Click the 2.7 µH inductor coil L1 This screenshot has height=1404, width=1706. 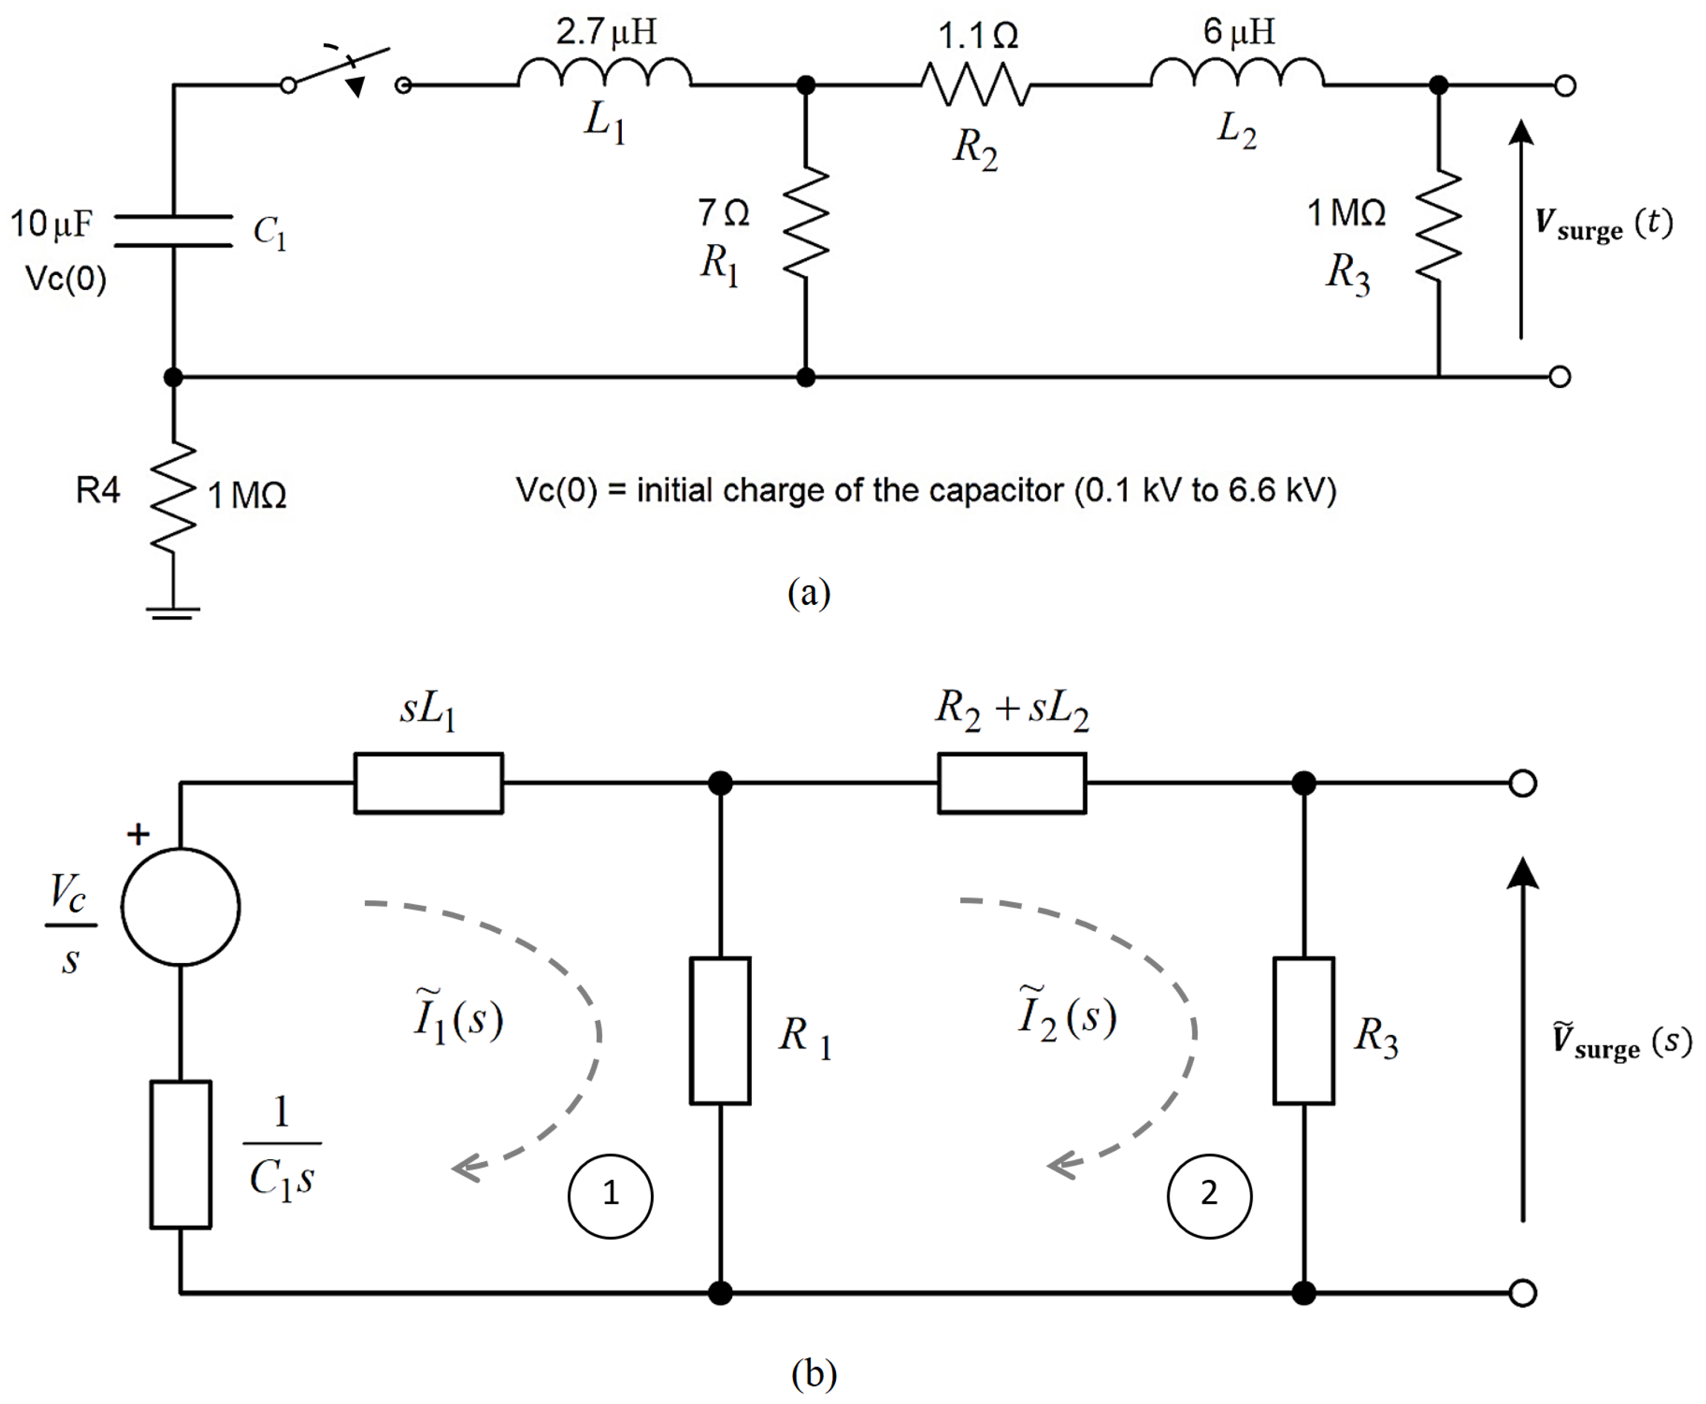pyautogui.click(x=604, y=73)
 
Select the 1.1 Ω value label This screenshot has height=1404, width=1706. pyautogui.click(x=977, y=36)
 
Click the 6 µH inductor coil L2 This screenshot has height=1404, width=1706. pyautogui.click(x=1237, y=73)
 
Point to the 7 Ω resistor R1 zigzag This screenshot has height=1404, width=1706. pyautogui.click(x=806, y=223)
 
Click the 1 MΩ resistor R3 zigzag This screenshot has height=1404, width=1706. pyautogui.click(x=1438, y=226)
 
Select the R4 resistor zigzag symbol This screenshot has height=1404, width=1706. pyautogui.click(x=173, y=497)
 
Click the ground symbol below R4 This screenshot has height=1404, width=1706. pyautogui.click(x=173, y=613)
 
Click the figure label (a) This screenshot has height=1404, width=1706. pyautogui.click(x=809, y=592)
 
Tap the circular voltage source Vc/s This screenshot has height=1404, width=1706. pyautogui.click(x=180, y=907)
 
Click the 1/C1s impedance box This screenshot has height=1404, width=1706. pyautogui.click(x=180, y=1155)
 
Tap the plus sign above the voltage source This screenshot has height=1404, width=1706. pyautogui.click(x=139, y=834)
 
